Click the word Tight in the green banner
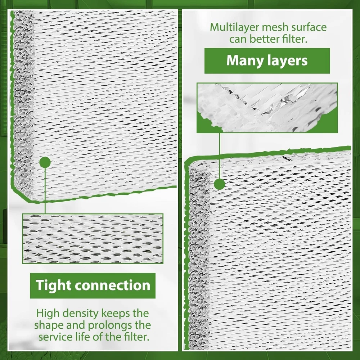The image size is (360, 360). click(53, 286)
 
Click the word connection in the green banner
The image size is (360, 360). click(112, 285)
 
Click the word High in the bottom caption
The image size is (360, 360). click(48, 314)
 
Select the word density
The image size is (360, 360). click(80, 314)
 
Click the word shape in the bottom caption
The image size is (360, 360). click(49, 325)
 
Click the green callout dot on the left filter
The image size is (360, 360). click(45, 162)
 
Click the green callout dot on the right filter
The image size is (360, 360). click(220, 184)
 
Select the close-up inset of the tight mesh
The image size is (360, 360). click(93, 238)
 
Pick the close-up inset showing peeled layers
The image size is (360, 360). click(267, 108)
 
